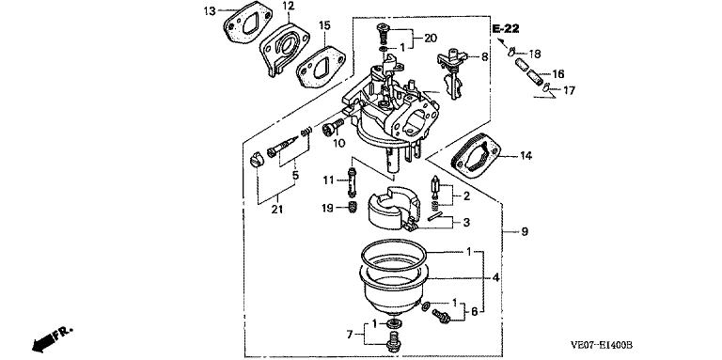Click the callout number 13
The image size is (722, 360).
[x=210, y=10]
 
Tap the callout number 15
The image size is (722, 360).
[x=324, y=25]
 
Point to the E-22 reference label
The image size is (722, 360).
[x=505, y=29]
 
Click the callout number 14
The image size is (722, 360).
[x=526, y=156]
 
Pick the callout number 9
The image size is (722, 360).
[x=525, y=231]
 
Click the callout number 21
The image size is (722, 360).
[x=276, y=210]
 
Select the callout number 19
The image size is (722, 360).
[x=327, y=208]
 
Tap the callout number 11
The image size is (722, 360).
[x=327, y=180]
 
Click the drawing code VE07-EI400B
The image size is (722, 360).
[x=602, y=344]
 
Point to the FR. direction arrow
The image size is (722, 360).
[x=52, y=338]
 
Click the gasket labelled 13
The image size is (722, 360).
[x=242, y=23]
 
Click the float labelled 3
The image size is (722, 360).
[x=393, y=209]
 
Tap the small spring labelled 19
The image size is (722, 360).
[x=352, y=208]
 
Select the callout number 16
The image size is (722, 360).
[x=558, y=74]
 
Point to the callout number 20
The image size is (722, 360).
[x=430, y=39]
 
